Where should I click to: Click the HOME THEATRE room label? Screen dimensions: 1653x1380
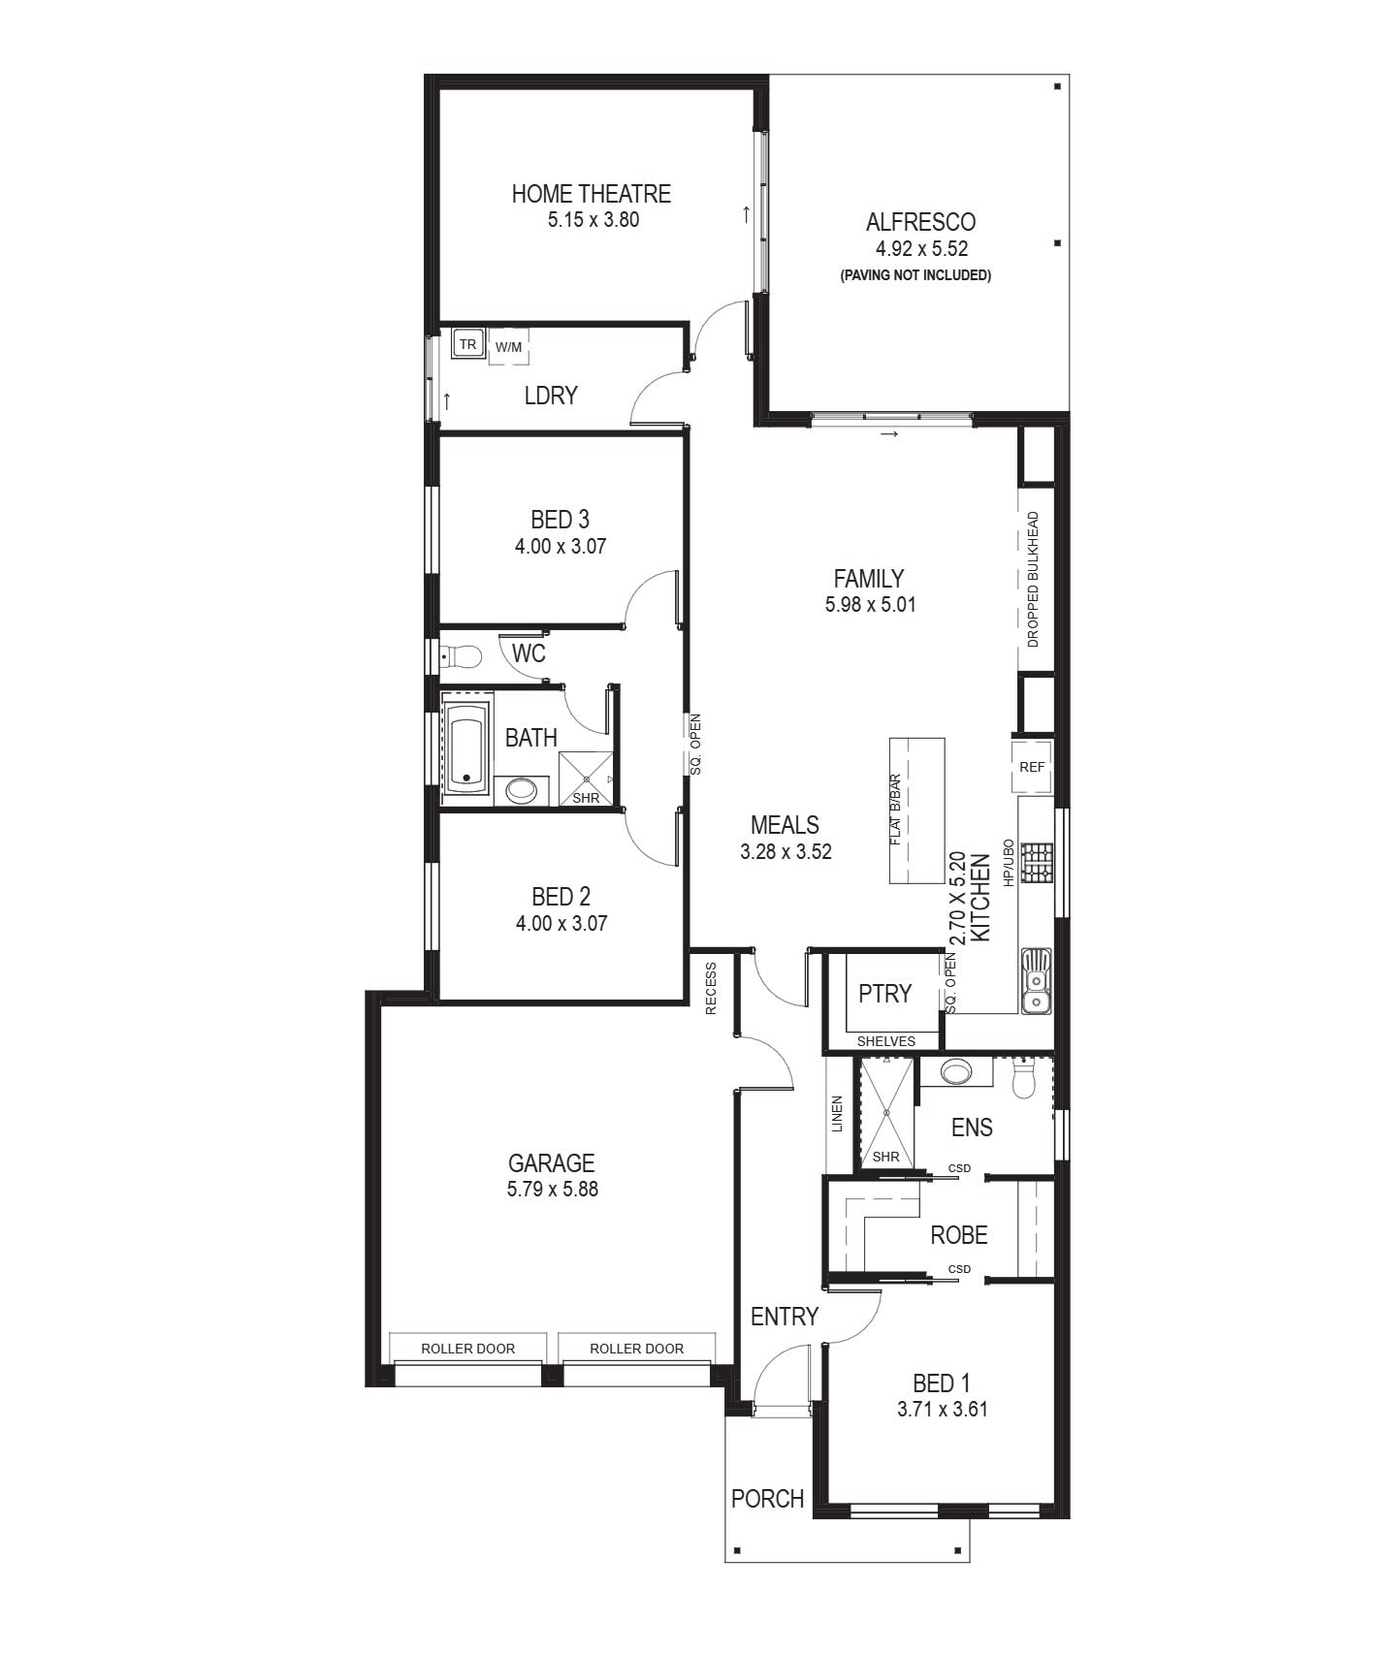tap(591, 194)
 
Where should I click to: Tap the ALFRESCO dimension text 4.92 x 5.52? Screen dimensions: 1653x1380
tap(920, 248)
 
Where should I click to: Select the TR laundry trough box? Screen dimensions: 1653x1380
tap(468, 344)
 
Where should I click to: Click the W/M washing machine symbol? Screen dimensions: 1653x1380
tap(508, 347)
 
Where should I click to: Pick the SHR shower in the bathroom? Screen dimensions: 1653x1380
tap(586, 779)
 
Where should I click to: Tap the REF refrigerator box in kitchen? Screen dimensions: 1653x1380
tap(1032, 767)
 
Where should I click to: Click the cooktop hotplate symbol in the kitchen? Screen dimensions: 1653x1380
tap(1036, 863)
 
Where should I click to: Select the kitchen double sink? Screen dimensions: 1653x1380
tap(1036, 980)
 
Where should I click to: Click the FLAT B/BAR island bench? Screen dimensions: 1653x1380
tap(916, 811)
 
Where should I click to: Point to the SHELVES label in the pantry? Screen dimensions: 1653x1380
tap(885, 1041)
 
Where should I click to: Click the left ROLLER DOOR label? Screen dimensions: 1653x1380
tap(467, 1349)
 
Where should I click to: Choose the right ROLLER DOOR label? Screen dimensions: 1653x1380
tap(636, 1349)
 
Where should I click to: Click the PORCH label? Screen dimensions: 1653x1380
tap(767, 1499)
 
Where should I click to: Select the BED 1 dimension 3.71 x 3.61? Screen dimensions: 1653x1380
tap(942, 1410)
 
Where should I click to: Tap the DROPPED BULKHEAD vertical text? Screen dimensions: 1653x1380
tap(1033, 579)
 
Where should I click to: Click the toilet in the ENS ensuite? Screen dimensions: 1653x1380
tap(1024, 1080)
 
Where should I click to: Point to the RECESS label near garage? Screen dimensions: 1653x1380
tap(711, 988)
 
